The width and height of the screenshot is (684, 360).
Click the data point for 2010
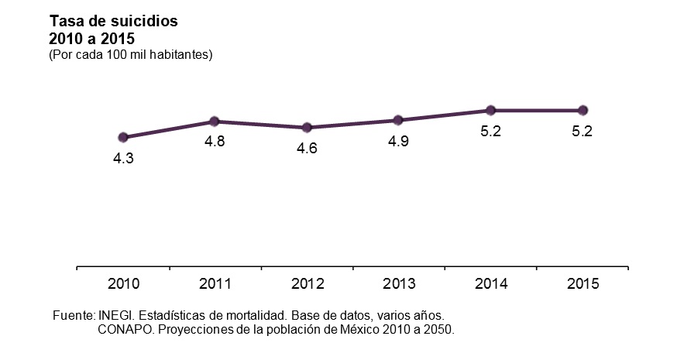(x=123, y=137)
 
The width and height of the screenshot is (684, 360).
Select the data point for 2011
(x=215, y=122)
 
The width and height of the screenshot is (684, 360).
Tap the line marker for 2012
(x=307, y=128)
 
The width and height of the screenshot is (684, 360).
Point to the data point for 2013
(x=398, y=120)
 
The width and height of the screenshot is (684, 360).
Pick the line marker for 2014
(x=490, y=110)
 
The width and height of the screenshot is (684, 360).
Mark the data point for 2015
(x=583, y=110)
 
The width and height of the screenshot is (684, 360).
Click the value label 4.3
(x=123, y=159)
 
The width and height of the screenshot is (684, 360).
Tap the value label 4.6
(x=307, y=149)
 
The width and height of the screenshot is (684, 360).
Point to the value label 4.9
(x=398, y=142)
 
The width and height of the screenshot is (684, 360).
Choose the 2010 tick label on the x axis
(x=123, y=284)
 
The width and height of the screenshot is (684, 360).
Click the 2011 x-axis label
(x=215, y=284)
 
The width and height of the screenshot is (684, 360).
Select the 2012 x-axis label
(x=307, y=284)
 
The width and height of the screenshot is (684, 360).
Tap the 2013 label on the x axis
(x=398, y=284)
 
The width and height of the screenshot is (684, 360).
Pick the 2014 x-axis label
(x=490, y=284)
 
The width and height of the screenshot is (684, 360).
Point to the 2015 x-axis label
(x=583, y=284)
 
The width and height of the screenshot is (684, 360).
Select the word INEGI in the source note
(x=115, y=316)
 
